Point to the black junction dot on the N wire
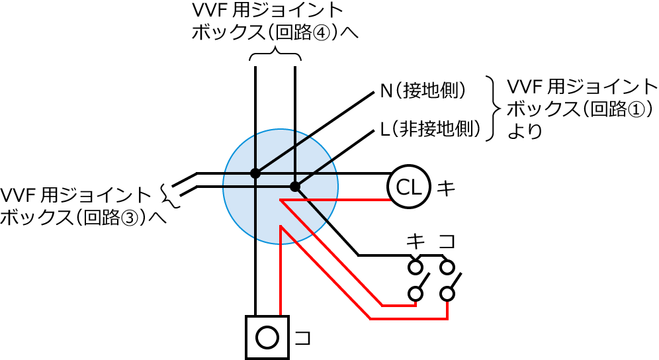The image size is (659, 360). click(255, 173)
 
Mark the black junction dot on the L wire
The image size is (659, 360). click(295, 187)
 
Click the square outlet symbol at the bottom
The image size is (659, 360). click(267, 337)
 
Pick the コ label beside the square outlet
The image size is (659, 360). click(302, 337)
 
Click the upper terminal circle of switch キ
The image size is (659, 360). click(416, 267)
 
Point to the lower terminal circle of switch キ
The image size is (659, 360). click(416, 293)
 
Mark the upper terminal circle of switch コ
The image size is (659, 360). click(448, 267)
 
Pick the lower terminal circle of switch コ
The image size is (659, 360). click(448, 293)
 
